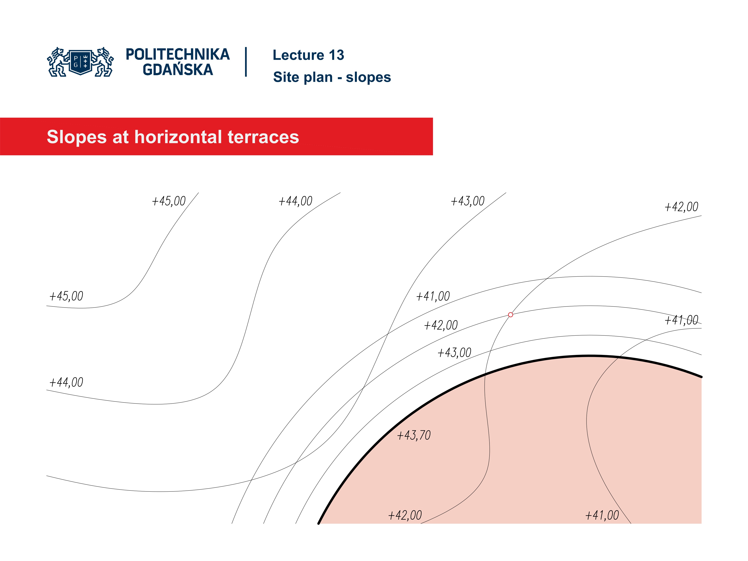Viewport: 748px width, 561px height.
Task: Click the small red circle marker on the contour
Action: [x=510, y=315]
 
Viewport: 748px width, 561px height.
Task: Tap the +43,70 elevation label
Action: [x=414, y=435]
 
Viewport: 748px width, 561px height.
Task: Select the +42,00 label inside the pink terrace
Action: [x=405, y=515]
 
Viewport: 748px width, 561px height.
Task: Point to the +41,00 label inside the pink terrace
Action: [x=602, y=515]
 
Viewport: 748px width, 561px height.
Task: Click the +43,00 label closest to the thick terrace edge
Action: [x=454, y=353]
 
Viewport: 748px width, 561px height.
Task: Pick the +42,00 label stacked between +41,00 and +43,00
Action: [x=441, y=325]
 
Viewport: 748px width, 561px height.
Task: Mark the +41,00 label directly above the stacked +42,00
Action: [x=433, y=296]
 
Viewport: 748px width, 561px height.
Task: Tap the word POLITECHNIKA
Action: [x=177, y=54]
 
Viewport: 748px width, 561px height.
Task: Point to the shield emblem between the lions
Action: [x=80, y=62]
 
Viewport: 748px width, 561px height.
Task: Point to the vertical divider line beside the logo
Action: [x=246, y=62]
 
